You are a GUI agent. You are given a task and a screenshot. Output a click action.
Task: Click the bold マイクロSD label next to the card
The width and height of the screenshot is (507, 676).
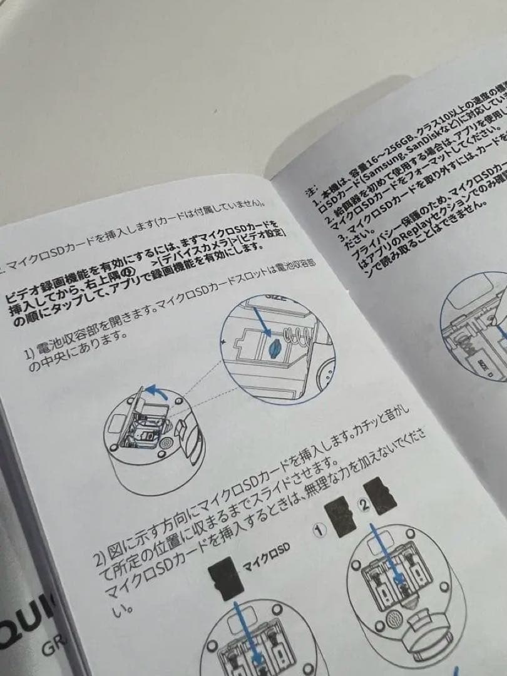[267, 556]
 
